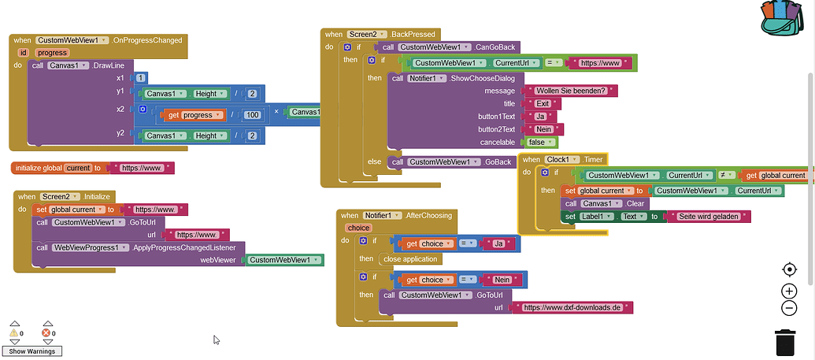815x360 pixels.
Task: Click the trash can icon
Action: (x=785, y=343)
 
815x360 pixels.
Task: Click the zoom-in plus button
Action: (x=789, y=291)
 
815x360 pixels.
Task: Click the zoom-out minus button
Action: (x=789, y=308)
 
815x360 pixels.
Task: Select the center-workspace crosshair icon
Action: (x=789, y=269)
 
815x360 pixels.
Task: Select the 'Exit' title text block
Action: (x=543, y=104)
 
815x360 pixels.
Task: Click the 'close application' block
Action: (x=410, y=258)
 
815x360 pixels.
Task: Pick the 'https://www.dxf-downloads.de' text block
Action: (x=572, y=307)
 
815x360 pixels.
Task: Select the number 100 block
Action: (x=252, y=115)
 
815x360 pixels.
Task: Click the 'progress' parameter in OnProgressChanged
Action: (x=52, y=53)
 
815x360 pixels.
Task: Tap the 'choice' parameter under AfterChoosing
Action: (x=358, y=228)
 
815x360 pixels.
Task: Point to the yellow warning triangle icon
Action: (x=14, y=333)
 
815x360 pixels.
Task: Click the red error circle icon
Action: (x=46, y=333)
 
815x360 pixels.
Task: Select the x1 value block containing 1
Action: (x=140, y=78)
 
